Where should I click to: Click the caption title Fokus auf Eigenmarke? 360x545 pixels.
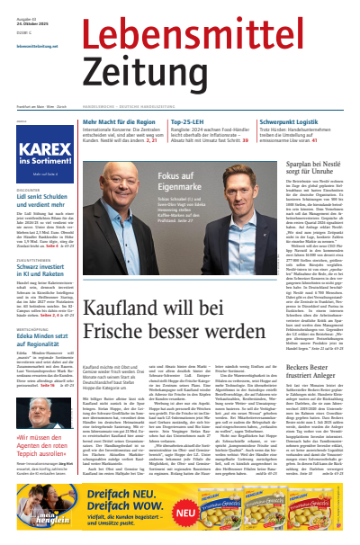193,175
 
